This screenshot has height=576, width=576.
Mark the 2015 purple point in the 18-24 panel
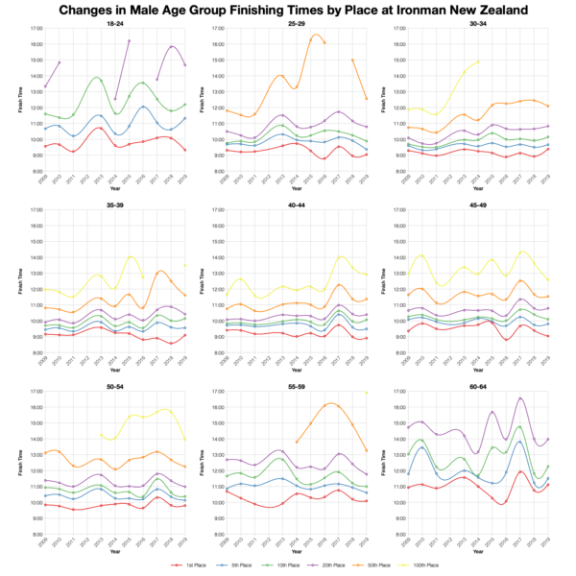click(x=130, y=41)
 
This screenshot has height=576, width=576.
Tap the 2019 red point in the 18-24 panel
click(x=185, y=150)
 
